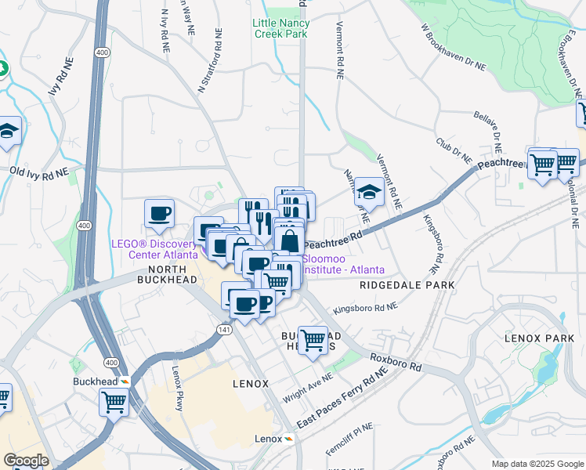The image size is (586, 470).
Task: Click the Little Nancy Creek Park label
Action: click(x=280, y=28)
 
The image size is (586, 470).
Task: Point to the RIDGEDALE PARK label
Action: click(x=407, y=286)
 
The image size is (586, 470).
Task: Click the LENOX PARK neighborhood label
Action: click(x=540, y=338)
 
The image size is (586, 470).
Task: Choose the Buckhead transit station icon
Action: click(x=125, y=381)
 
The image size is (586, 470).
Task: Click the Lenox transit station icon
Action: click(x=289, y=439)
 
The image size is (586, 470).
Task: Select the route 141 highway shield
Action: click(x=223, y=331)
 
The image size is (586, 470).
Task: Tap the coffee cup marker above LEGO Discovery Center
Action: click(x=159, y=213)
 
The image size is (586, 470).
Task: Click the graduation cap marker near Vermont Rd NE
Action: click(x=369, y=190)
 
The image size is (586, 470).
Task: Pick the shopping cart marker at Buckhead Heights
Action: click(x=313, y=340)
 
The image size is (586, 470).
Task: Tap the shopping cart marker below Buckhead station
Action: click(x=114, y=403)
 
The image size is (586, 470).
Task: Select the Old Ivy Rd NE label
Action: click(x=39, y=170)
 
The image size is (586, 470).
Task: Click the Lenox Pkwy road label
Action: click(x=179, y=381)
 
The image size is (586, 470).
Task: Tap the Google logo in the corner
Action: click(x=26, y=461)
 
